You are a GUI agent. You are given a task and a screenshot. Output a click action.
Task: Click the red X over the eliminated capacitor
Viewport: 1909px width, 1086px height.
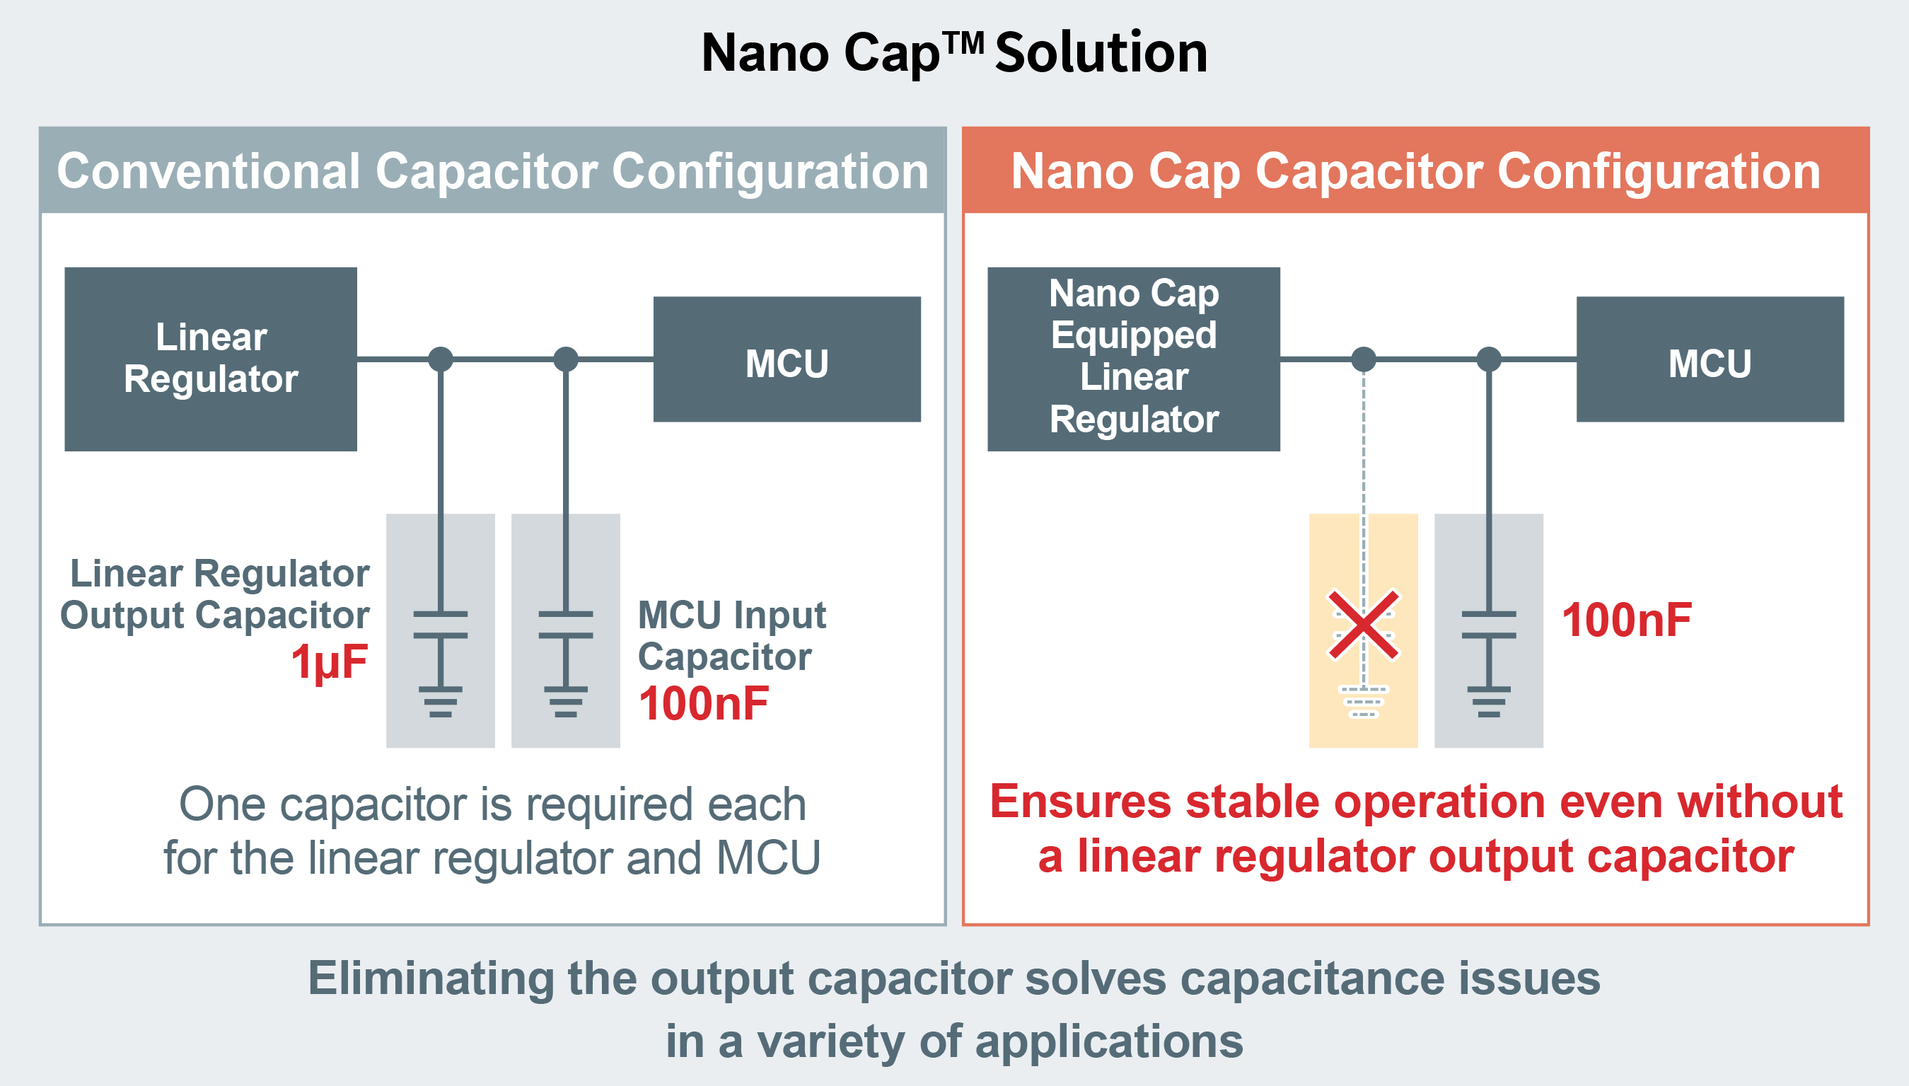coord(1363,625)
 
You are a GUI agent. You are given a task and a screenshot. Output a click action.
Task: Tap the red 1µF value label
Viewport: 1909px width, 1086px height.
coord(330,662)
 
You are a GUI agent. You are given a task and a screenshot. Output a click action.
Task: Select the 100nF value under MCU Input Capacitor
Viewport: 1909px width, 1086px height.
coord(703,703)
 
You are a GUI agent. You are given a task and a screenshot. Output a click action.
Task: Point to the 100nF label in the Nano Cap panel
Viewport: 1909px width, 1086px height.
coord(1626,620)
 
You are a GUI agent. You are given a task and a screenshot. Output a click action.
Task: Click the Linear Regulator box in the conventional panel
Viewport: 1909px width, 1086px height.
coord(210,359)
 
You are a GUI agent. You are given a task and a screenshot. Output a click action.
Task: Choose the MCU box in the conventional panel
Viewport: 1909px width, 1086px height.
coord(787,359)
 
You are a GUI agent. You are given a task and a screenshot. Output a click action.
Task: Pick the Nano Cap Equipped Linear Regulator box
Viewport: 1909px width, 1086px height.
coord(1134,359)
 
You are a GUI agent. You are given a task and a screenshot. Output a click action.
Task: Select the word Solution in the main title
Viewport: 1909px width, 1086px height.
coord(1101,54)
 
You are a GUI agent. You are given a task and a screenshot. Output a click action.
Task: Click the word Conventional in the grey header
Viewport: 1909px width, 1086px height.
coord(209,171)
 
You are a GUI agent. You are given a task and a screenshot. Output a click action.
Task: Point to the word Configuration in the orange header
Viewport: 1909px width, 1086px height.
coord(1659,171)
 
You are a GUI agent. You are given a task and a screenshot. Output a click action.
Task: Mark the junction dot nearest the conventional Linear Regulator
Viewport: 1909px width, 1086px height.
coord(441,359)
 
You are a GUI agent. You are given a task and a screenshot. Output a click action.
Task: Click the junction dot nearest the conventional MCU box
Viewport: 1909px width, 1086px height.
coord(566,359)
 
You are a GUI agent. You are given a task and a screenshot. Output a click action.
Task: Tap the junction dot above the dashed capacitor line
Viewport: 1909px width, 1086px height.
coord(1363,359)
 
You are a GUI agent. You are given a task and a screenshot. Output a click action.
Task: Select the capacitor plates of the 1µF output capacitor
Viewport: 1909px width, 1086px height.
coord(441,625)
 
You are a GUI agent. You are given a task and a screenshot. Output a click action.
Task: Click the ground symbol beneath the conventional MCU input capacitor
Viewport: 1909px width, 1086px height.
coord(566,701)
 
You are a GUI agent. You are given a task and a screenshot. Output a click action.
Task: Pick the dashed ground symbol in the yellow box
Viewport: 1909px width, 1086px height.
coord(1363,701)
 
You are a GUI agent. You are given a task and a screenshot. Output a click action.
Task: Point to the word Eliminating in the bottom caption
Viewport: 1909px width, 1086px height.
coord(430,978)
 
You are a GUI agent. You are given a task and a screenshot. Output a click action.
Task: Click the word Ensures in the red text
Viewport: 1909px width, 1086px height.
coord(1081,802)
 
